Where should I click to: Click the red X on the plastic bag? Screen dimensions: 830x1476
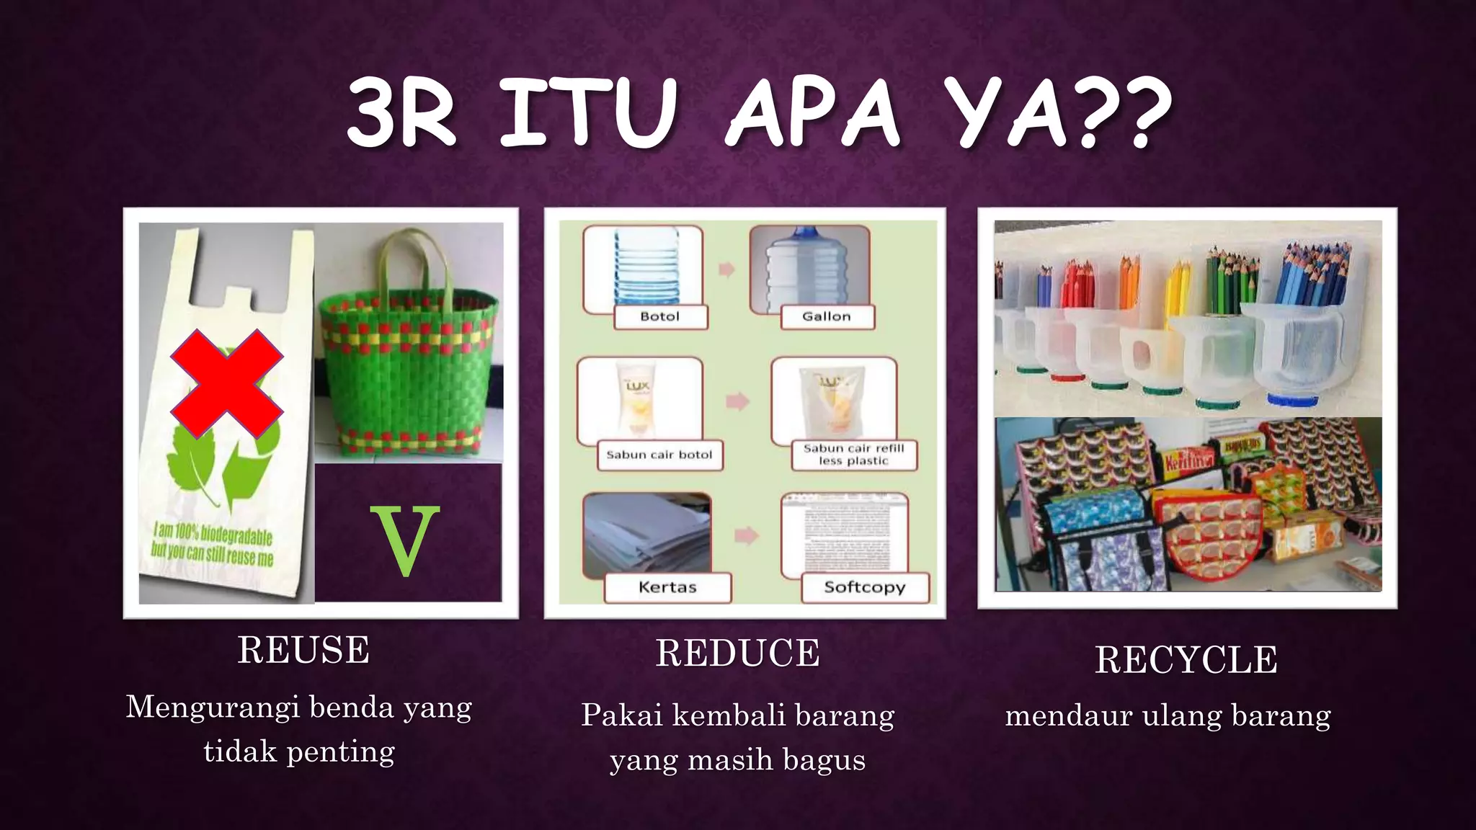[226, 383]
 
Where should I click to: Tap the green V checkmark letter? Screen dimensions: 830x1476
[404, 540]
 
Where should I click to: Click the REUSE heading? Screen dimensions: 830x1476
[303, 650]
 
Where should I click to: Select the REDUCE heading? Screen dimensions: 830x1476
[737, 653]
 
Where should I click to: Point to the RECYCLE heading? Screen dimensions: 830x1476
[1186, 660]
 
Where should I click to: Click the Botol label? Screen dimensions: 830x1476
[659, 316]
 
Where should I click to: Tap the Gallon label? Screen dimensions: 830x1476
[827, 316]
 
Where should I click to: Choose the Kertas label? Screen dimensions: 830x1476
[667, 587]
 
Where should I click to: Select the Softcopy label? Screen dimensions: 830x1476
[864, 587]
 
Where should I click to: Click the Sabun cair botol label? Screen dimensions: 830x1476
[659, 455]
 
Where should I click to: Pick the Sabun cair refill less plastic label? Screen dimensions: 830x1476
[853, 455]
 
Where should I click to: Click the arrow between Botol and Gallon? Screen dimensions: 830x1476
[726, 270]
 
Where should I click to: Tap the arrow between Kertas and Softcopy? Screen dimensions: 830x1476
[747, 535]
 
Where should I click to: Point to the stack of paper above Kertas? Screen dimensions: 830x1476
[647, 533]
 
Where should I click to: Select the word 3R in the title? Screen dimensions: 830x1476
[401, 113]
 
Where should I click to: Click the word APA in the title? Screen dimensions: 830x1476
[812, 113]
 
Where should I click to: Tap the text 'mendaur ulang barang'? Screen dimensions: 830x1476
[1168, 715]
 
